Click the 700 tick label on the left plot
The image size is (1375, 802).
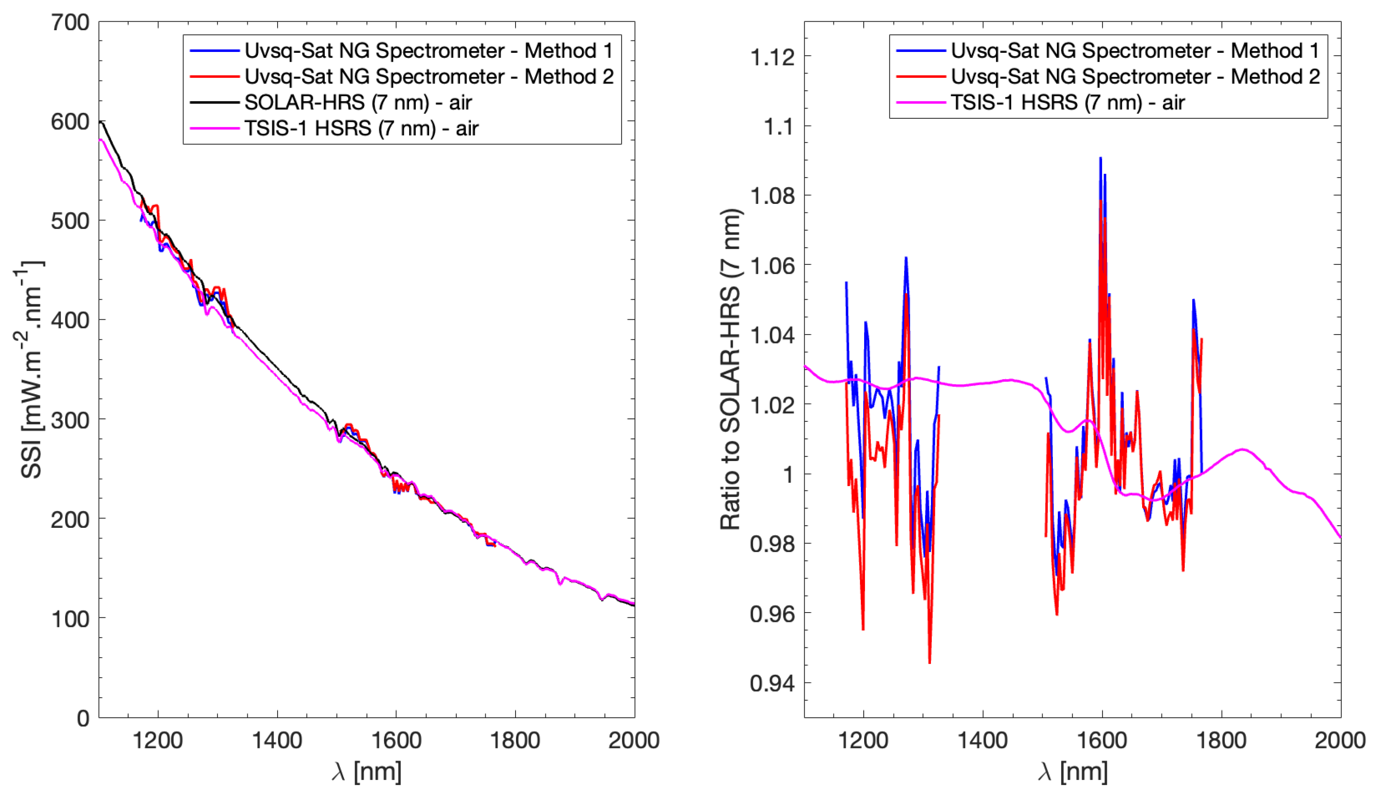(70, 23)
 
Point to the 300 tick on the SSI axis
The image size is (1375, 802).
(70, 421)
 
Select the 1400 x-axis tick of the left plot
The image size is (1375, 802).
(277, 741)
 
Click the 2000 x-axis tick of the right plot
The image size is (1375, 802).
(1340, 741)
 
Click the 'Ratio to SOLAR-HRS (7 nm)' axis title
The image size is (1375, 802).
(730, 370)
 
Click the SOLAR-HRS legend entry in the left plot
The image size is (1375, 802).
(358, 103)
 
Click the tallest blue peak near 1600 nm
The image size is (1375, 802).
(1100, 158)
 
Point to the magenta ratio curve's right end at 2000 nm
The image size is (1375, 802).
(1340, 537)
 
